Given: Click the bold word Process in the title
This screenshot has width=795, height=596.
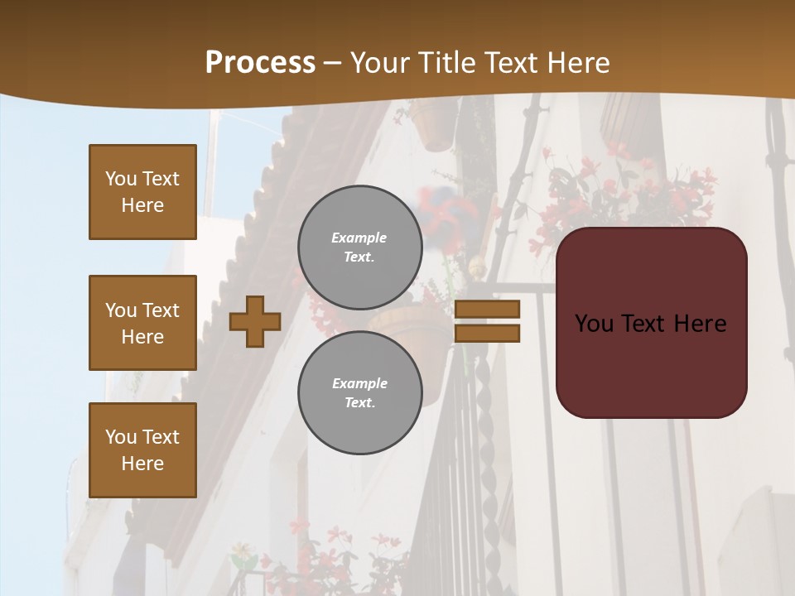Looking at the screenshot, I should click(x=260, y=63).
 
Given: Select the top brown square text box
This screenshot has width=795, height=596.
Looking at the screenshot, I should click(x=142, y=192).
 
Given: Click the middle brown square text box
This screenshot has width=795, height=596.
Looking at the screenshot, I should click(x=142, y=323).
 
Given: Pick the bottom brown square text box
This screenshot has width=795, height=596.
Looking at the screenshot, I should click(x=142, y=449).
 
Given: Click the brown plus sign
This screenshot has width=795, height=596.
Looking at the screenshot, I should click(x=254, y=321).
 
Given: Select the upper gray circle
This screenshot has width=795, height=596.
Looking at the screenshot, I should click(x=359, y=247).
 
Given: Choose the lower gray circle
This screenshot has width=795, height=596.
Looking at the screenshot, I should click(x=359, y=392).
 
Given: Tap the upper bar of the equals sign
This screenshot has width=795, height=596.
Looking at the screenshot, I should click(x=487, y=309).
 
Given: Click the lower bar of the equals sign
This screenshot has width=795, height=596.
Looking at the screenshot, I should click(x=487, y=333).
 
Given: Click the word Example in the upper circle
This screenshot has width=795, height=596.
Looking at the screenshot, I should click(x=359, y=238).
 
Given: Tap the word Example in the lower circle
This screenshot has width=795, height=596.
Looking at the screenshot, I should click(x=359, y=383).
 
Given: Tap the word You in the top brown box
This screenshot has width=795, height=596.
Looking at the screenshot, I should click(x=121, y=179).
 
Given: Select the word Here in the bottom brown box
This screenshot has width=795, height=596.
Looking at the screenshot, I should click(x=142, y=464).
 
